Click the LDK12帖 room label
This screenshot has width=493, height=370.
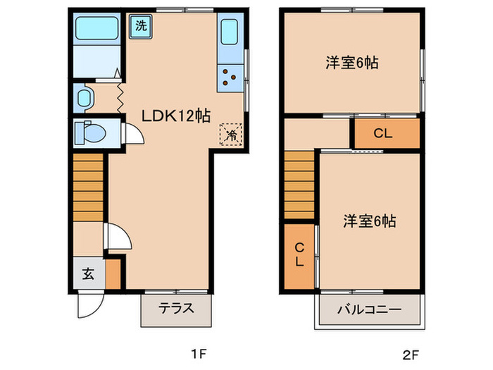pos(176,116)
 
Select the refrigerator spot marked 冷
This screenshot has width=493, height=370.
pos(231,135)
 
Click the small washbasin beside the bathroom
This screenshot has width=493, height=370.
pos(84,98)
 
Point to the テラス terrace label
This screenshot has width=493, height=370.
pos(176,308)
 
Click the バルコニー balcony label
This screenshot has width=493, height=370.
pos(368,309)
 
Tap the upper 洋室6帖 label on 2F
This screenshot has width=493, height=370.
pos(352,62)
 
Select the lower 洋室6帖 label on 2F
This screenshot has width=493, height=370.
pos(369,221)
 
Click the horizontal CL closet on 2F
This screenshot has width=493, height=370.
pos(384,132)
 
